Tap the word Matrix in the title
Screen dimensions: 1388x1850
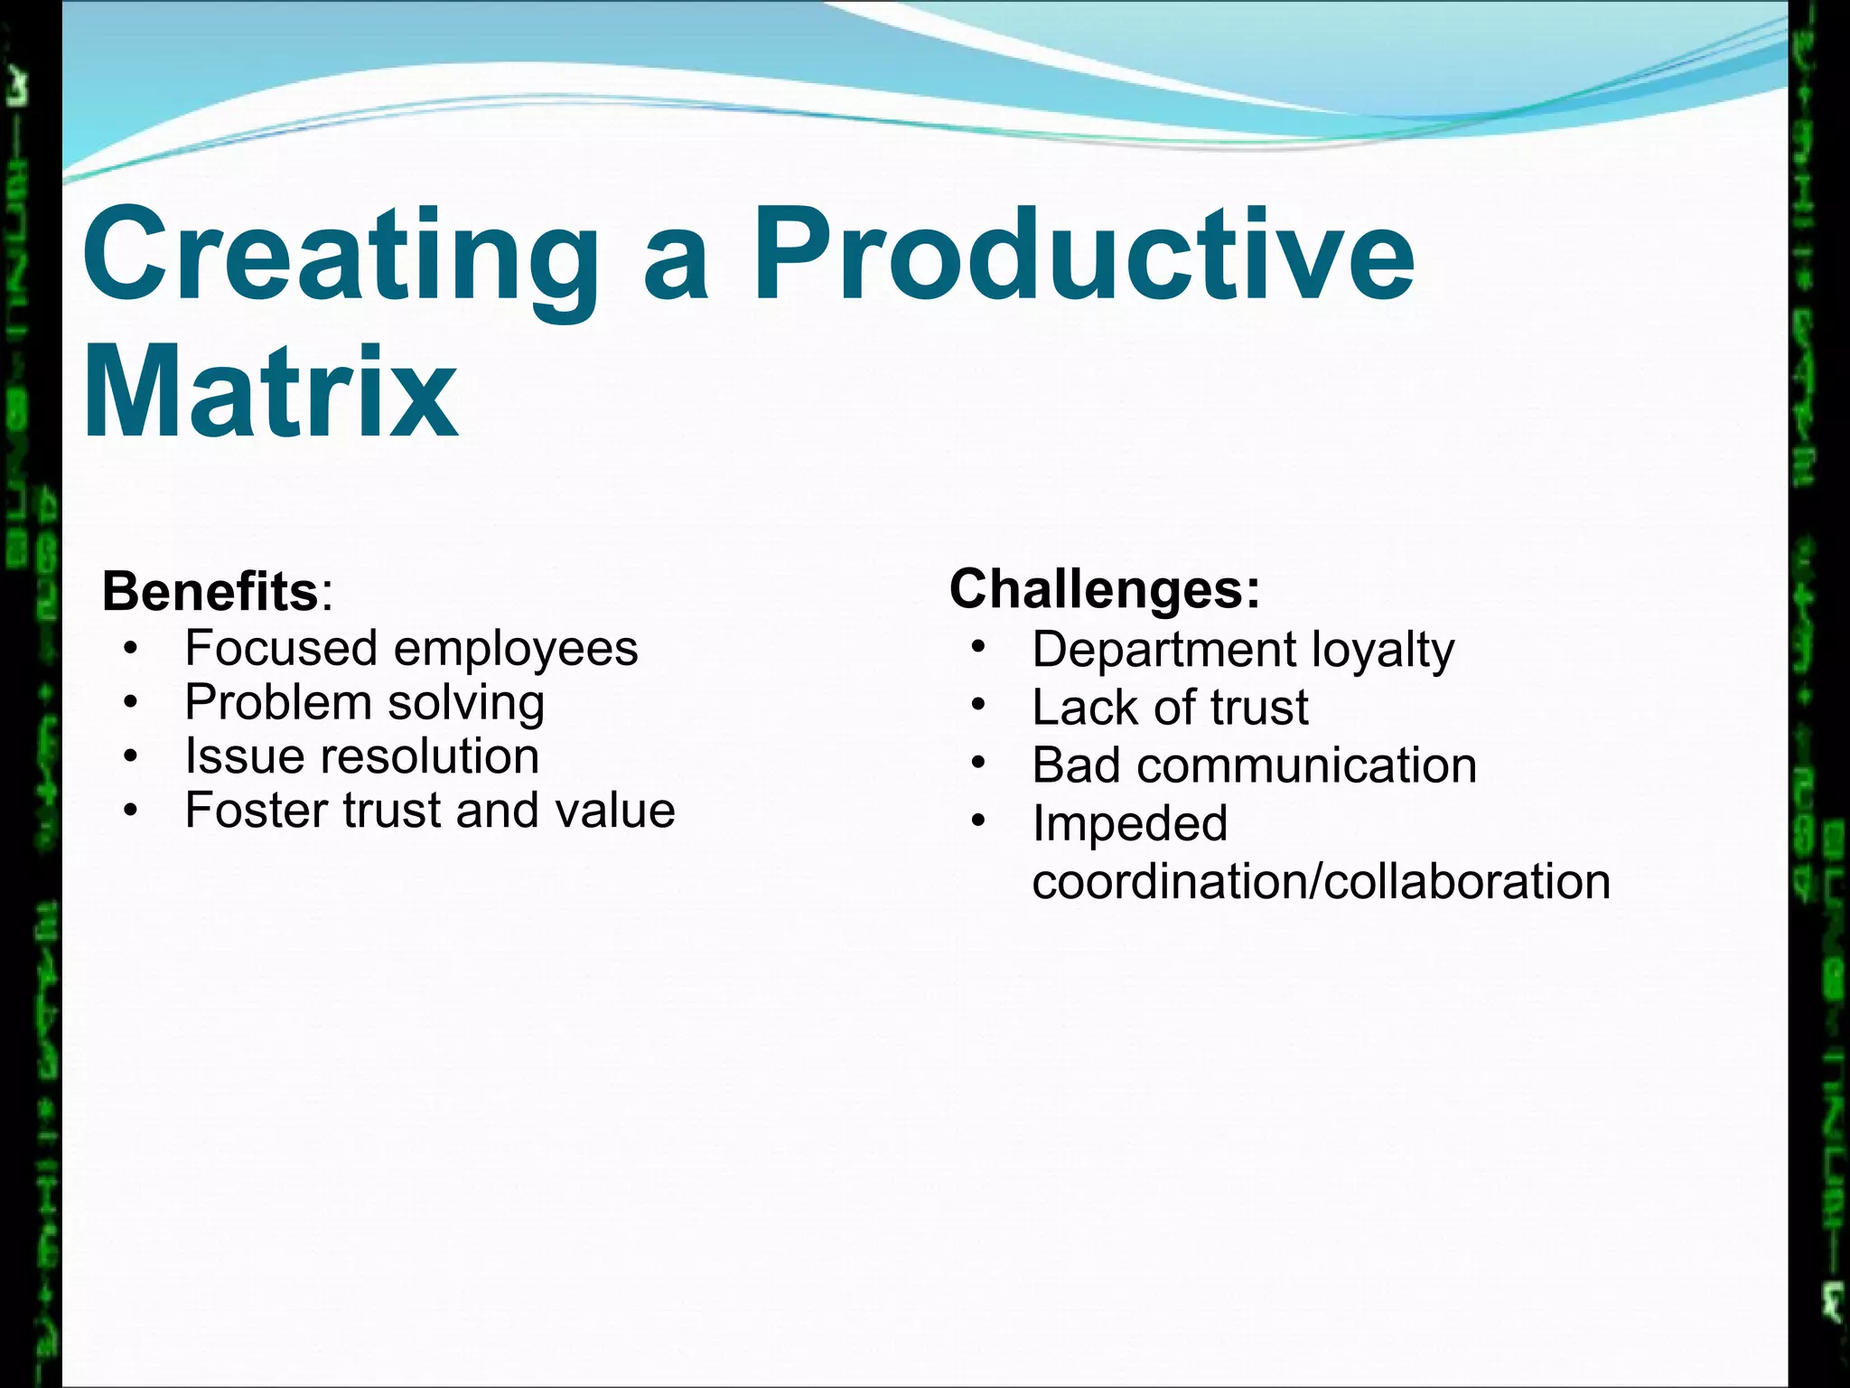pos(271,393)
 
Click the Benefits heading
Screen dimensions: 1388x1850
pos(210,592)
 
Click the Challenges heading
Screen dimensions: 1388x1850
pos(1104,589)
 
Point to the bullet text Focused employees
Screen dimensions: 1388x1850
pos(411,649)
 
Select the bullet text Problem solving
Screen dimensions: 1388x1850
pos(364,703)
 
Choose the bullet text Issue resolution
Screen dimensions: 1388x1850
pos(361,756)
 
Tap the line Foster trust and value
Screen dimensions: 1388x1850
pos(430,811)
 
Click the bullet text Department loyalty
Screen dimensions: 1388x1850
pos(1243,650)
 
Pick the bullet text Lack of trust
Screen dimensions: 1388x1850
pos(1170,708)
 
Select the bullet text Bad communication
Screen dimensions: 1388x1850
pos(1254,765)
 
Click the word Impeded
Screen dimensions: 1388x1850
pos(1129,823)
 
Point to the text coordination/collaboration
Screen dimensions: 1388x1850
pos(1321,881)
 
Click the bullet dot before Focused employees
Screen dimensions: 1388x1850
pos(132,649)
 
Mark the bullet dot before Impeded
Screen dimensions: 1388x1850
pos(978,821)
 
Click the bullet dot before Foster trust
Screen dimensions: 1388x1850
pos(132,811)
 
